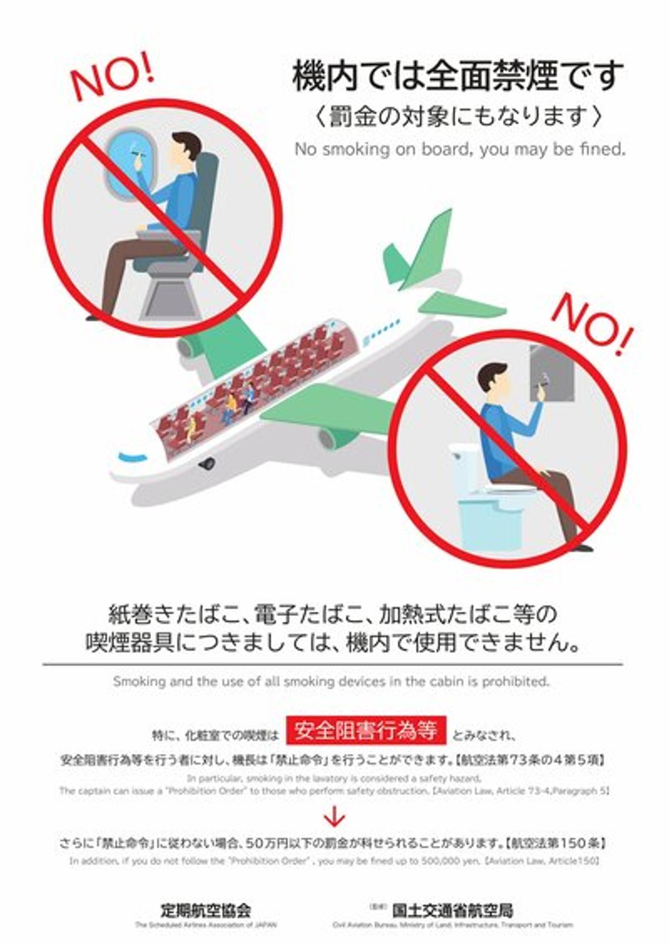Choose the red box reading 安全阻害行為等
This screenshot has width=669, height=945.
366,730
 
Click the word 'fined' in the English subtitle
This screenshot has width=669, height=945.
603,149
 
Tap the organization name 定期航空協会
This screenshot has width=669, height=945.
206,911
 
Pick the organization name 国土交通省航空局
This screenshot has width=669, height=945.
452,911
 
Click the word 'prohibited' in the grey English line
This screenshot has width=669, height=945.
516,681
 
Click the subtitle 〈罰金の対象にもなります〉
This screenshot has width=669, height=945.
457,116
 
